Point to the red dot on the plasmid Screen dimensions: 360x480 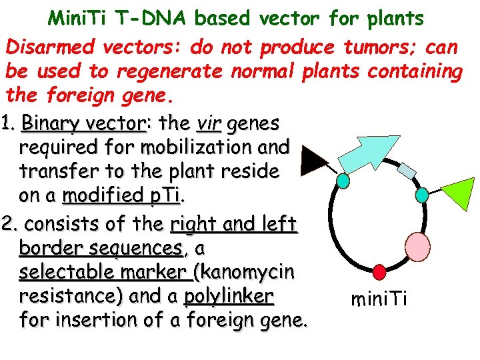coord(379,271)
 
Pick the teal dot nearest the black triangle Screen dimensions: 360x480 coord(343,181)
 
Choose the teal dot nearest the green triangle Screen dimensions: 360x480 coord(422,194)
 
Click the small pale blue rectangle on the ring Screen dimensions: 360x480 coord(407,170)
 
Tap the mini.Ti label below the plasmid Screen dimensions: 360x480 coord(379,300)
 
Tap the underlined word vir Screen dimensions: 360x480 coord(209,123)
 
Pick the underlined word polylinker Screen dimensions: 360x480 coord(229,296)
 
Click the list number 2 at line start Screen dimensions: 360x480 coord(9,222)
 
